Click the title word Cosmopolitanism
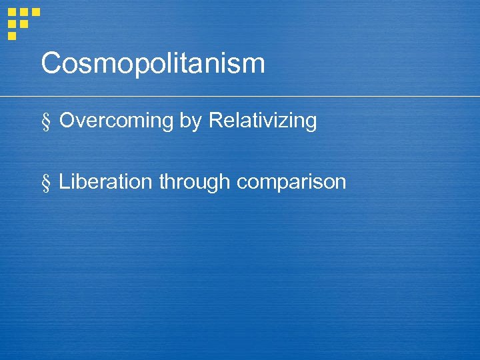[153, 64]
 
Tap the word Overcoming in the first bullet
[116, 121]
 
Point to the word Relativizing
[263, 121]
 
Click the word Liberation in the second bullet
[106, 181]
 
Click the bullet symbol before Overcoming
[46, 122]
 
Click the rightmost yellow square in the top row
[35, 12]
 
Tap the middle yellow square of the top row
[24, 12]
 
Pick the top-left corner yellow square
[12, 12]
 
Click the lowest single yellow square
[12, 35]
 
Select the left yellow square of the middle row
[12, 24]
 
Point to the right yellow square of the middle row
[24, 24]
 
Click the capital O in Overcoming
[68, 121]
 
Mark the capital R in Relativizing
[217, 121]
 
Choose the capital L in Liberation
[64, 181]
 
